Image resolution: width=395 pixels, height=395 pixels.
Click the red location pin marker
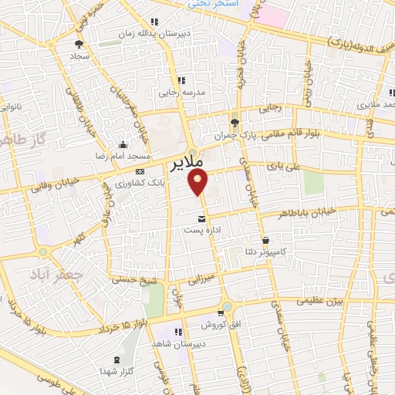click(199, 182)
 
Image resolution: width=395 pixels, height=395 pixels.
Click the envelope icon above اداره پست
click(202, 218)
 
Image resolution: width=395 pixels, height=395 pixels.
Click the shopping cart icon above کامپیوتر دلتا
click(266, 239)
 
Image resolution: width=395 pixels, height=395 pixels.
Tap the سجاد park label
click(80, 56)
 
